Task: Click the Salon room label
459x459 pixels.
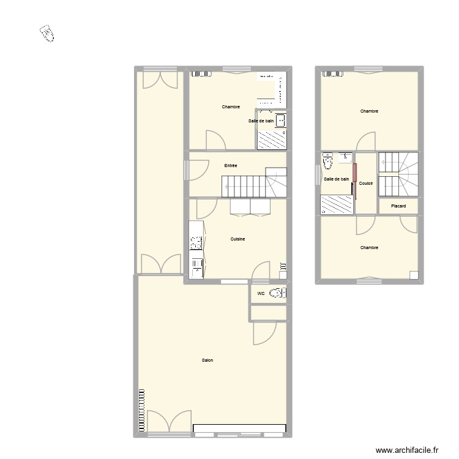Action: point(207,360)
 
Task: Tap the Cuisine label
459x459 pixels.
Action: point(237,239)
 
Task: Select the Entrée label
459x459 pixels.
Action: point(231,166)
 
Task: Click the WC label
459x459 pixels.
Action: point(261,294)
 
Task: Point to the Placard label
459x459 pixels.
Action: point(398,206)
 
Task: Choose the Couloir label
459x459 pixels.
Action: point(367,183)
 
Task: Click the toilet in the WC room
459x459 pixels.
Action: point(278,293)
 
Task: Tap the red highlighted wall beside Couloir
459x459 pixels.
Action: point(354,182)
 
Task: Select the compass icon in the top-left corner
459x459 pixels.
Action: point(47,34)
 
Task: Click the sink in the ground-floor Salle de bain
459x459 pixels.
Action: point(281,120)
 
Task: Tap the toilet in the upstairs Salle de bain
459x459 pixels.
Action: point(327,163)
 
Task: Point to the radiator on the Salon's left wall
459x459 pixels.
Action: point(141,411)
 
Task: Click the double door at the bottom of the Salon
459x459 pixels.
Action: point(165,422)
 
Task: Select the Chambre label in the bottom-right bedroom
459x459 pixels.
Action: point(369,248)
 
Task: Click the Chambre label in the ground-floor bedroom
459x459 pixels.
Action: point(231,107)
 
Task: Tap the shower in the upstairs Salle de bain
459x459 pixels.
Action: point(335,204)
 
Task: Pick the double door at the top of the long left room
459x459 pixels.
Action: point(160,81)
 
